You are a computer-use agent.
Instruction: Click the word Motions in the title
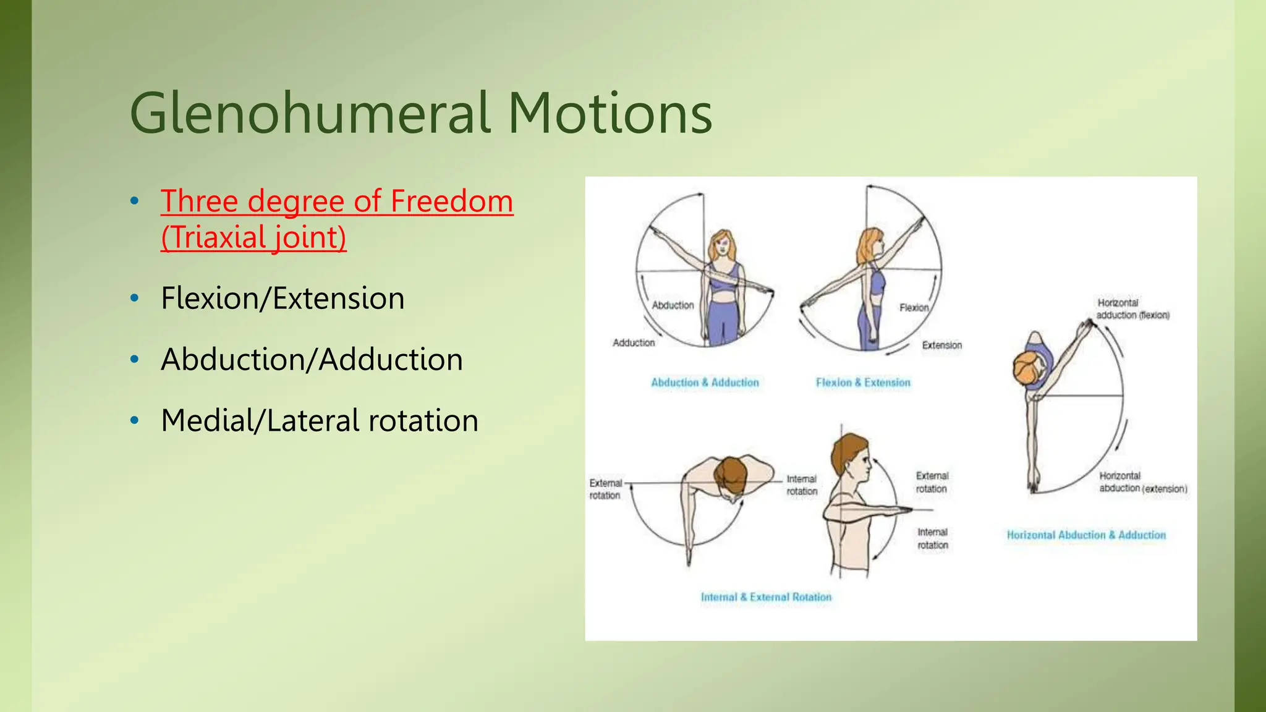[x=610, y=114]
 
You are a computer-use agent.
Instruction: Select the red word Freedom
[x=451, y=201]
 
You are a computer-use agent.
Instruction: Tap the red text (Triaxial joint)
[x=253, y=237]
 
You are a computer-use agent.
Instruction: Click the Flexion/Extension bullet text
[x=283, y=299]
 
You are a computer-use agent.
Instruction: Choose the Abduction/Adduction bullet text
[x=312, y=360]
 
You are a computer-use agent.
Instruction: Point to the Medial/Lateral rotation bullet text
[x=319, y=421]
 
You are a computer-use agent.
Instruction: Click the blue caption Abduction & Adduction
[x=705, y=383]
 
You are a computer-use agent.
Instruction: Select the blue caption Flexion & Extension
[x=863, y=383]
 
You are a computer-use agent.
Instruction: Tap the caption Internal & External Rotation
[x=766, y=597]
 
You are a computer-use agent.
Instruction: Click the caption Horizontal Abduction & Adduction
[x=1086, y=535]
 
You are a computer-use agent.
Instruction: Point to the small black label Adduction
[x=634, y=342]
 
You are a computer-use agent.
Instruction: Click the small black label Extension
[x=942, y=345]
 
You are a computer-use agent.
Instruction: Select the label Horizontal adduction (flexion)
[x=1132, y=309]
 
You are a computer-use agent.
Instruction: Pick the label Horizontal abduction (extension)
[x=1142, y=483]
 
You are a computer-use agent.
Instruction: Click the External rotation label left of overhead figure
[x=605, y=489]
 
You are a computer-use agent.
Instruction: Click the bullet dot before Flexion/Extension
[x=135, y=299]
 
